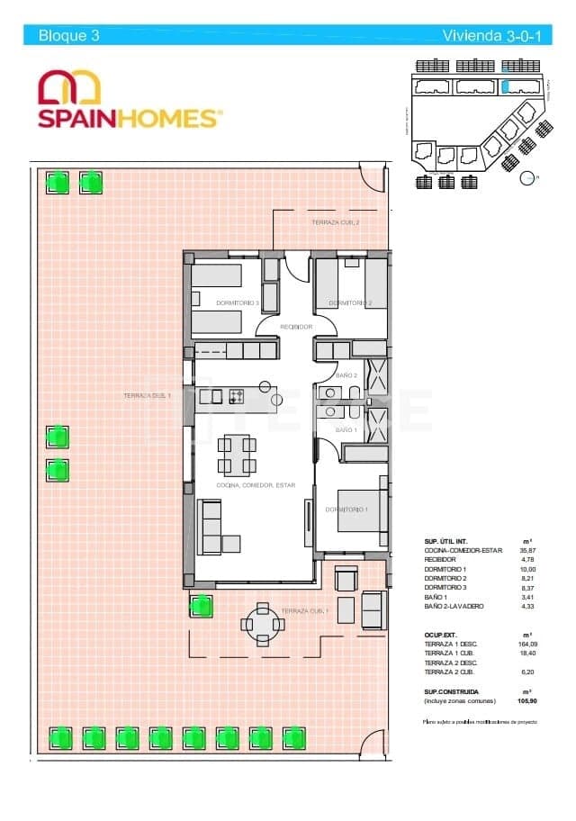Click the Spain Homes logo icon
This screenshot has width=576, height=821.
click(69, 88)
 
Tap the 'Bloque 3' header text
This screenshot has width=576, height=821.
click(68, 36)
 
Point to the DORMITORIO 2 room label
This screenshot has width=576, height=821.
click(350, 303)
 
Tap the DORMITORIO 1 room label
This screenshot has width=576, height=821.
click(346, 510)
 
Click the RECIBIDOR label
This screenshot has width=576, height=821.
click(296, 327)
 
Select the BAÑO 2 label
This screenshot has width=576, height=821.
click(346, 375)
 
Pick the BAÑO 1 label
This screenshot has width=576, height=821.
click(346, 430)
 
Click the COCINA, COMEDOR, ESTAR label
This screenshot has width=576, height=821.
click(256, 485)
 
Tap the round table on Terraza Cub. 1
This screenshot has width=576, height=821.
click(260, 622)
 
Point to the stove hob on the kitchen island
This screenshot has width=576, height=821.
click(237, 396)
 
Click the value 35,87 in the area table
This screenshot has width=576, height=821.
click(526, 550)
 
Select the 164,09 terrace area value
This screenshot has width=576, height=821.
click(526, 645)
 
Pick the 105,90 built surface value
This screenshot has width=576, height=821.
click(526, 699)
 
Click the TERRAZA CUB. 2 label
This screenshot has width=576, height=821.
click(336, 221)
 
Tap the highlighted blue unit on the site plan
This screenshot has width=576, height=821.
click(507, 87)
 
